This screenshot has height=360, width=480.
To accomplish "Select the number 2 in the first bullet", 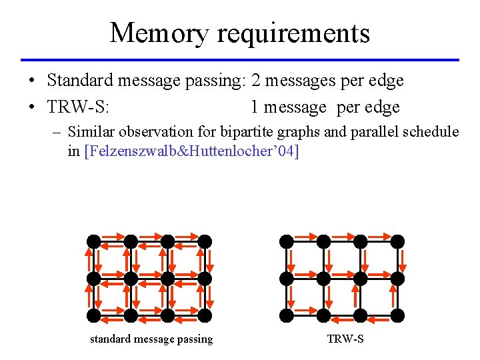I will click(257, 81).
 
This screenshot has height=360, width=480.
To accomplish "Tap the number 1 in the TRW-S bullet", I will click(255, 107).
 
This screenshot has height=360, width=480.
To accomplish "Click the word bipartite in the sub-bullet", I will click(265, 131).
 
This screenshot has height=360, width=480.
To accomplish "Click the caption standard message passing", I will click(151, 339).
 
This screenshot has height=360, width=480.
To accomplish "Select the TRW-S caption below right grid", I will click(345, 339).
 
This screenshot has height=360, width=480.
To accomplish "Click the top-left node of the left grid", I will click(94, 241).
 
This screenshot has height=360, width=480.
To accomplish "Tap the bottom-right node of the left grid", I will click(205, 314).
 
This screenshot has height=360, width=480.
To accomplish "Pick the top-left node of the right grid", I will click(287, 241).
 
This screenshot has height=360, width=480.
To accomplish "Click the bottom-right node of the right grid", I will click(397, 314).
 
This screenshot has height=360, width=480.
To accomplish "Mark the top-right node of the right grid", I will click(397, 241).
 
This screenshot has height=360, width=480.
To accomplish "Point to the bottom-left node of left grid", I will click(94, 314).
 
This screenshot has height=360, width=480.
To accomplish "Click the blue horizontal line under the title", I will click(240, 60).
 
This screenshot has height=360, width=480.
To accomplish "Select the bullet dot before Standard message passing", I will click(31, 81).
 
